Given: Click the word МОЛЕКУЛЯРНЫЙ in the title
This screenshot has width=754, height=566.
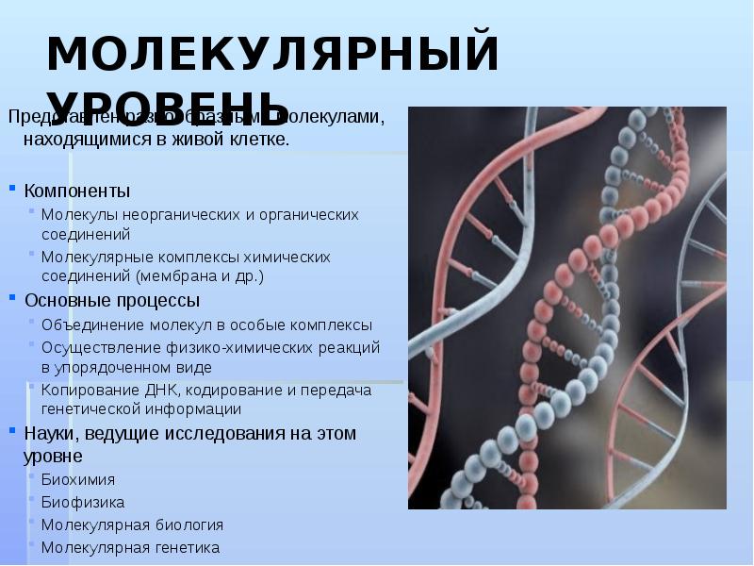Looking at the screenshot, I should [x=272, y=55].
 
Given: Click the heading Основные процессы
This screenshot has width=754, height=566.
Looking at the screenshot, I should [x=111, y=301].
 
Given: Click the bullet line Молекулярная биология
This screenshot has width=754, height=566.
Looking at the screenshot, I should [x=132, y=524].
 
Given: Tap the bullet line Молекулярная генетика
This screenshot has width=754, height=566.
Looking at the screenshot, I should [x=130, y=547].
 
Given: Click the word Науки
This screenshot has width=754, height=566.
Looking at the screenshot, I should [x=49, y=434].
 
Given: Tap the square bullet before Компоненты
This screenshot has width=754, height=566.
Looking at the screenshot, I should [x=13, y=189].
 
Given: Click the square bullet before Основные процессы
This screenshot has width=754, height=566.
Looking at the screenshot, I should [x=13, y=298].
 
